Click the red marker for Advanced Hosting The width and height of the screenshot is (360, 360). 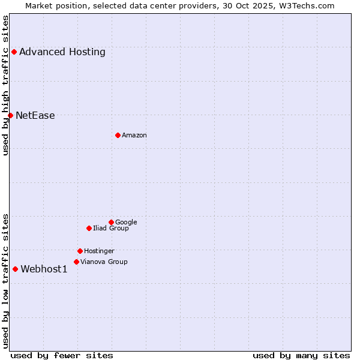click(x=14, y=52)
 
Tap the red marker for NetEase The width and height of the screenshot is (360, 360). click(x=10, y=115)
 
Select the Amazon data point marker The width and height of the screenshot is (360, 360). click(x=118, y=135)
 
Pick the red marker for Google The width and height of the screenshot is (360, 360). click(x=111, y=222)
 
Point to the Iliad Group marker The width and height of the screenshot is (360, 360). click(x=89, y=228)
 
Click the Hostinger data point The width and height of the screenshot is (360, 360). click(x=80, y=251)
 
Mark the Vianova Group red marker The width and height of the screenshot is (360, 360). click(x=76, y=262)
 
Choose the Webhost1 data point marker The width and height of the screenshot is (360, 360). click(x=15, y=269)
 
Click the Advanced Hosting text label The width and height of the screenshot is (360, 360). click(x=62, y=52)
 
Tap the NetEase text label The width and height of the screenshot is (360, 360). click(x=35, y=115)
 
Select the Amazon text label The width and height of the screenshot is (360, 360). click(x=134, y=135)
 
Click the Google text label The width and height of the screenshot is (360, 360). click(x=126, y=222)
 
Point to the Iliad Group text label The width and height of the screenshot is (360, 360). click(x=111, y=228)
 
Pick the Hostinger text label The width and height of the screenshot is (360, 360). click(x=99, y=251)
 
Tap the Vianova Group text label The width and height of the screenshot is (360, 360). click(x=104, y=262)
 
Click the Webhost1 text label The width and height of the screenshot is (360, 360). click(x=44, y=269)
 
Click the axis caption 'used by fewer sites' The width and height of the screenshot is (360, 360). click(x=62, y=355)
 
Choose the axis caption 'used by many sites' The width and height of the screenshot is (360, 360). click(x=301, y=355)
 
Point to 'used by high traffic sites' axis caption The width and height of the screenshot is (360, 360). click(x=5, y=85)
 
